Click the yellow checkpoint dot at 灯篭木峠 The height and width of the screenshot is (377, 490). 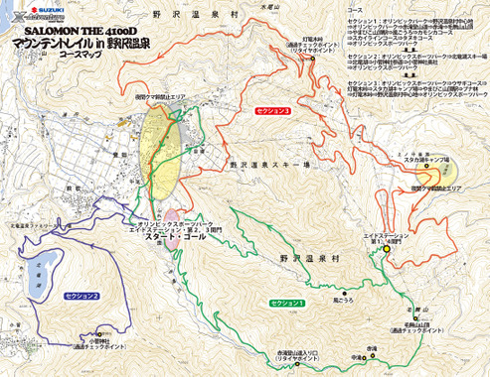312,59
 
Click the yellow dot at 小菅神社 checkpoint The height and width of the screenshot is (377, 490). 79,345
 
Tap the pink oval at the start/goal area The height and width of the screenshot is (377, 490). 171,215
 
